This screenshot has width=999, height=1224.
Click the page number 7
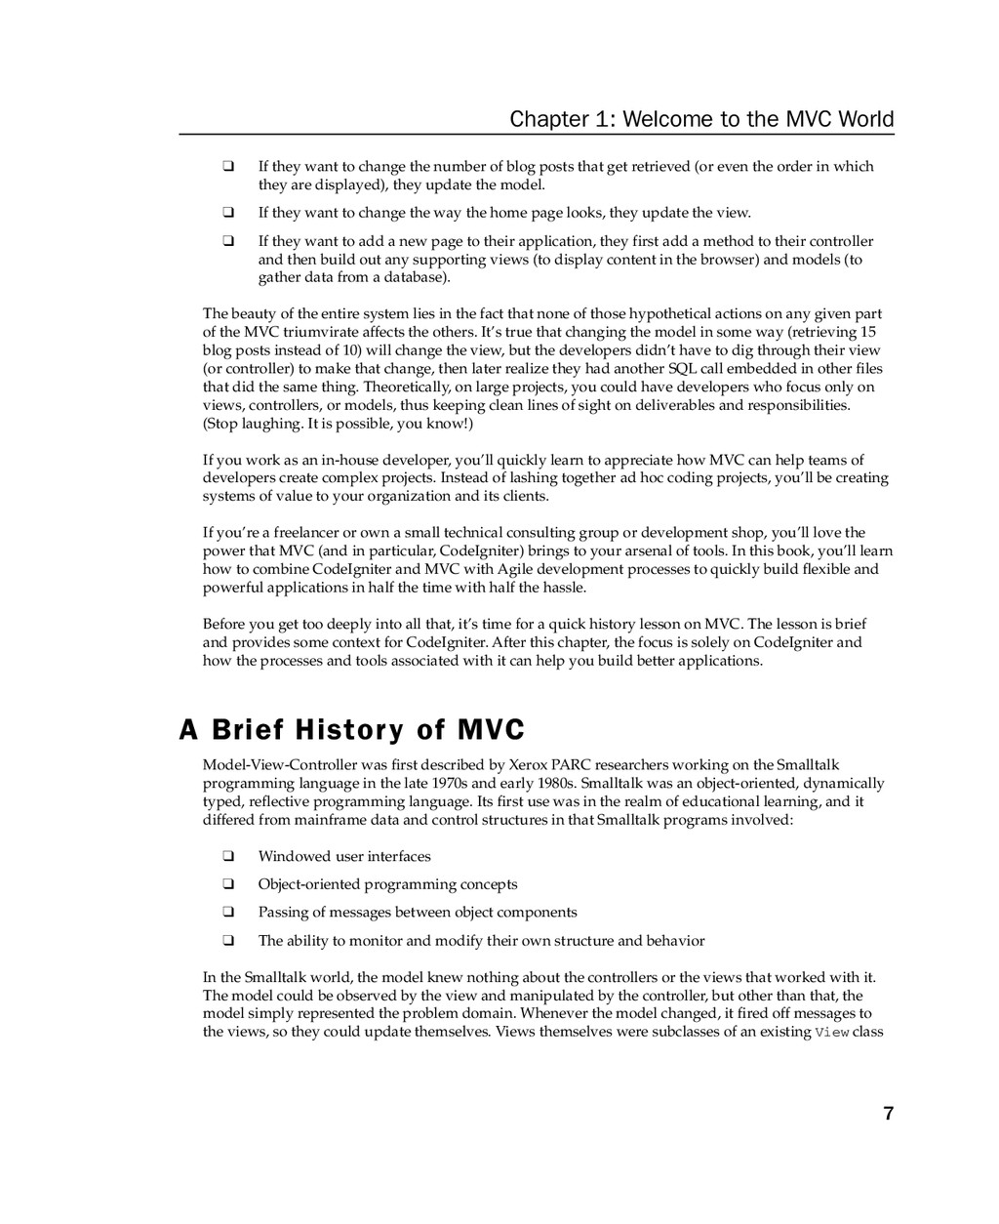[888, 1114]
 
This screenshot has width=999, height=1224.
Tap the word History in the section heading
[348, 730]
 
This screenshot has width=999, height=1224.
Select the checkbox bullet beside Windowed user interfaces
[227, 857]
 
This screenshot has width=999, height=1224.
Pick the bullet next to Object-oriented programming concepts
[227, 885]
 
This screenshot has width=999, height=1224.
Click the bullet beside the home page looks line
[227, 213]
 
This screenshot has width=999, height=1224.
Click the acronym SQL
[682, 369]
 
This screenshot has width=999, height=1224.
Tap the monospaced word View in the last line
[831, 1033]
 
